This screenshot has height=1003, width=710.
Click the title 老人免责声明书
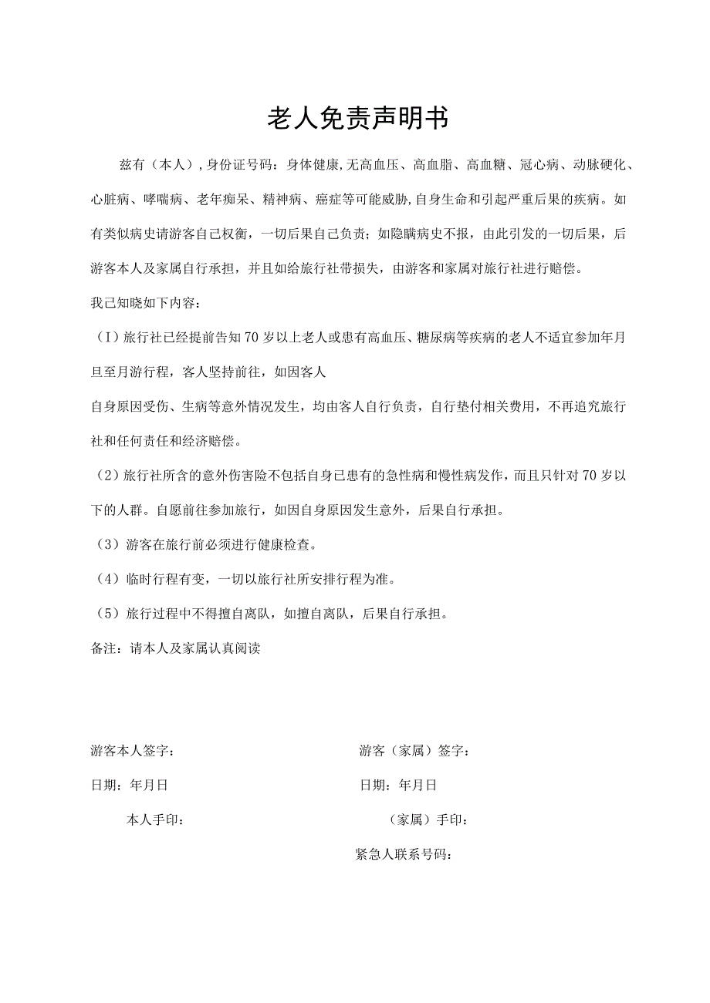tap(357, 118)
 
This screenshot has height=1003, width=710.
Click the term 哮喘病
tap(162, 200)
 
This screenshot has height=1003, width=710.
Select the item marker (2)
tap(106, 476)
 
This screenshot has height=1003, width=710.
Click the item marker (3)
tap(106, 545)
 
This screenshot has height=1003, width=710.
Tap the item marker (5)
tap(106, 614)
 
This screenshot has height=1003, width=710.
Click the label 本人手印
tap(154, 820)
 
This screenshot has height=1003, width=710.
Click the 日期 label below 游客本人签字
tap(104, 786)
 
